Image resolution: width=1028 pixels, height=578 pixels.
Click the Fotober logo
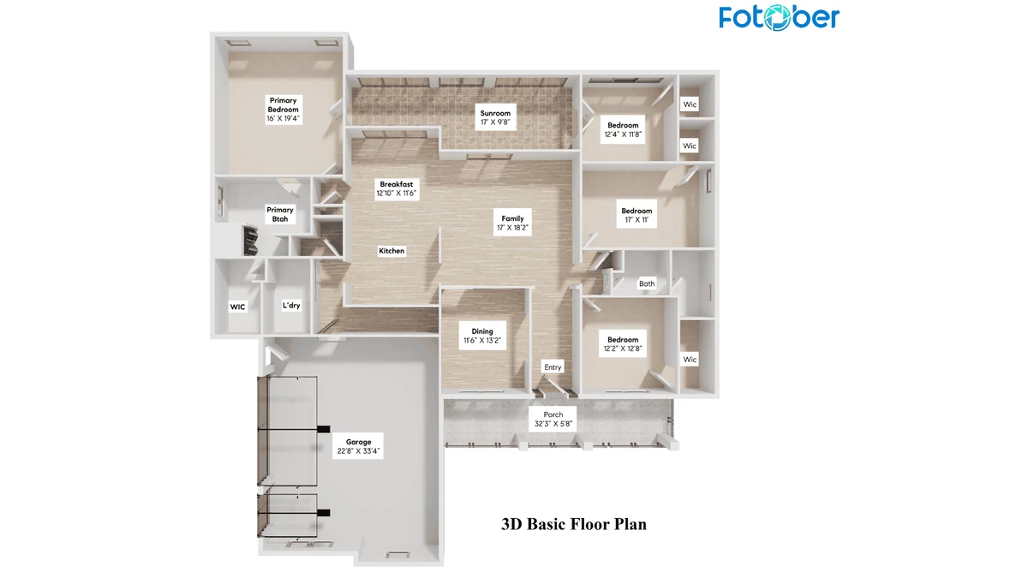[779, 17]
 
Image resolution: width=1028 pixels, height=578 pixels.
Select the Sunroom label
[495, 117]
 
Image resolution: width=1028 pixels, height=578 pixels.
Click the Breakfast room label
[397, 188]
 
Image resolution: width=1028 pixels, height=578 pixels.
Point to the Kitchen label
[391, 251]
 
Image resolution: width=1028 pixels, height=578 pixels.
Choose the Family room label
[512, 223]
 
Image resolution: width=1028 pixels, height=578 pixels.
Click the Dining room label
[482, 336]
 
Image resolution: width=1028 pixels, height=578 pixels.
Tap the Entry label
[553, 367]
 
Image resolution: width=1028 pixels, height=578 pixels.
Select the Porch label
[553, 419]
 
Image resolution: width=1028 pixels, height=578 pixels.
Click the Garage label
[359, 446]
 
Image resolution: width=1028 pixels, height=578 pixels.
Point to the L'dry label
[291, 306]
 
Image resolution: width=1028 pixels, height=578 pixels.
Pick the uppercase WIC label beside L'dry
[237, 306]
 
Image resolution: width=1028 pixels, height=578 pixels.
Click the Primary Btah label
[280, 214]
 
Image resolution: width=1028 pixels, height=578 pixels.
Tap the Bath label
[647, 283]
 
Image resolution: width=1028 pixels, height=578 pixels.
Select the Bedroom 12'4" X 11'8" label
[624, 129]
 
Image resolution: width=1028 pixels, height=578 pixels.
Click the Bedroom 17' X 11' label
[637, 215]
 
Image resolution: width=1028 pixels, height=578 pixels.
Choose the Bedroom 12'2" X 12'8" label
[623, 344]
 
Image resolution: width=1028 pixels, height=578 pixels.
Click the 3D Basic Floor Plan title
[574, 524]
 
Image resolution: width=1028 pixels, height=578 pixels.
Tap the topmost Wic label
[690, 104]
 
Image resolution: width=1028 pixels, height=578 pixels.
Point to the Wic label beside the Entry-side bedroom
[690, 360]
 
